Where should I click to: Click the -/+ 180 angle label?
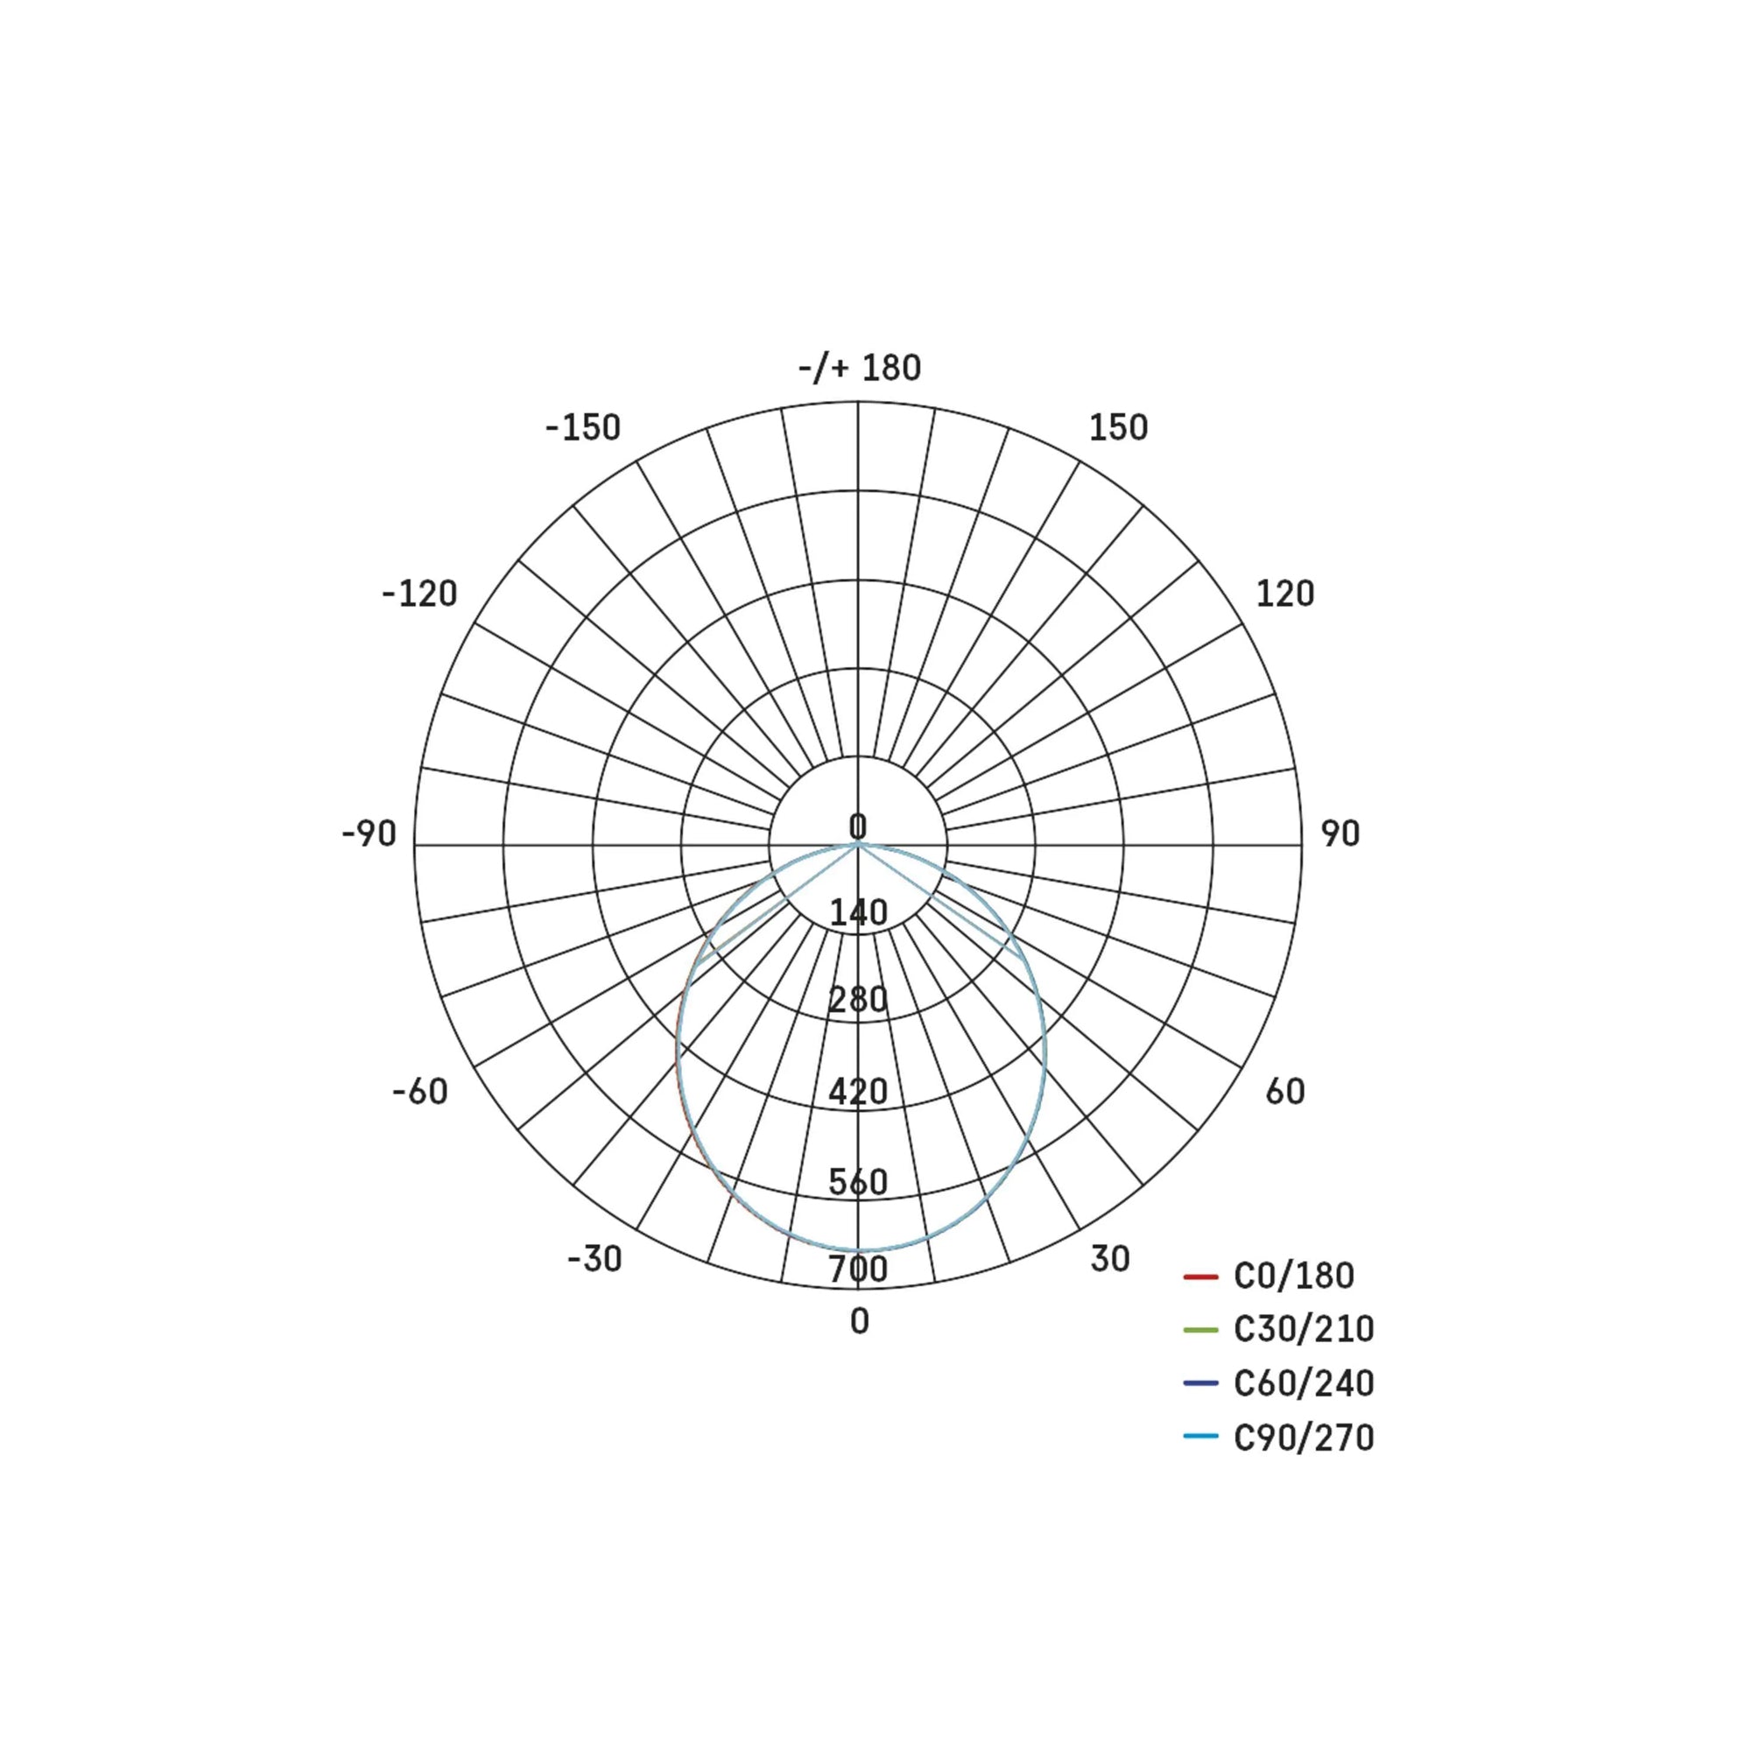859,368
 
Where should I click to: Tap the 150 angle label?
1117,428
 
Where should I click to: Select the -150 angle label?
583,428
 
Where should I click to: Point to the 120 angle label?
1284,594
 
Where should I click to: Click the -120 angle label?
418,594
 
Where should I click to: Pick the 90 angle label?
1340,833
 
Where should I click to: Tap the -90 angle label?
369,833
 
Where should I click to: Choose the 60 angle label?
1284,1091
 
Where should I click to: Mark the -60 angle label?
419,1091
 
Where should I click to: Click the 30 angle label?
1109,1259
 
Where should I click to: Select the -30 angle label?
594,1259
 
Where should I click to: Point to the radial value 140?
858,912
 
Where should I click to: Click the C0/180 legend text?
1293,1276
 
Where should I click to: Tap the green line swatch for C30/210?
1200,1330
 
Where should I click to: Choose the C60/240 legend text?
1304,1383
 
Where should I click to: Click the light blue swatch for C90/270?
1200,1437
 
